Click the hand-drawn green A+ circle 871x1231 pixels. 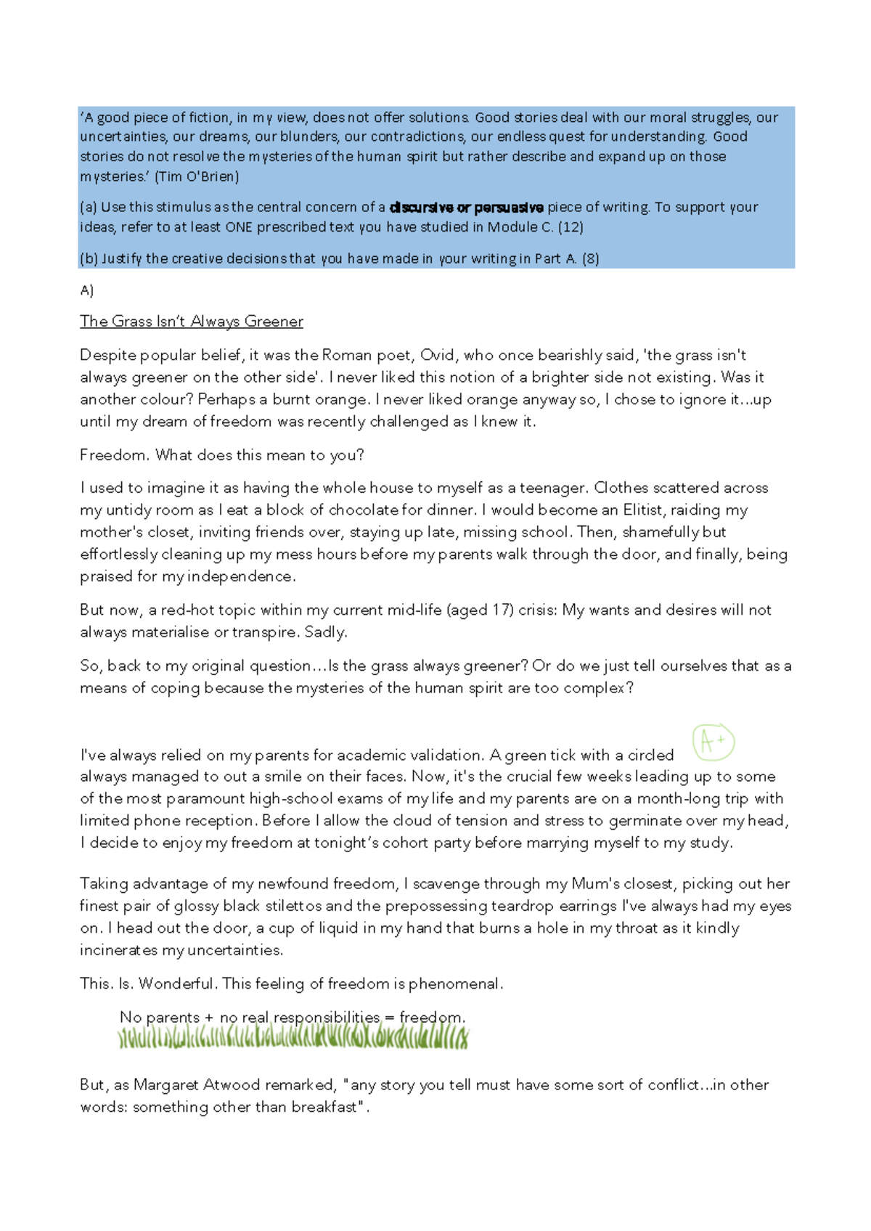[x=713, y=742]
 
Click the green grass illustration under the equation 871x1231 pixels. [x=293, y=1037]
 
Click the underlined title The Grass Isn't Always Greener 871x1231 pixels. [x=191, y=322]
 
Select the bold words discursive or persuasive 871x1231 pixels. [x=467, y=208]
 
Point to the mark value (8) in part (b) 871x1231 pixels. [x=589, y=258]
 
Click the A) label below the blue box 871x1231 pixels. [x=86, y=290]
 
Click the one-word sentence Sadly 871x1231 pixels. [x=326, y=632]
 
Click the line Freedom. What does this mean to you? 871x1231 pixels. [x=221, y=455]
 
